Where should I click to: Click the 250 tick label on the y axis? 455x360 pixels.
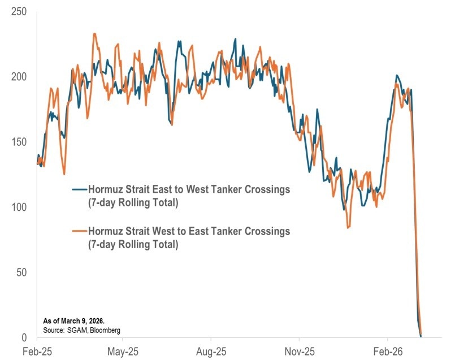click(19, 11)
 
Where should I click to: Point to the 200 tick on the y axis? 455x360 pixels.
click(19, 77)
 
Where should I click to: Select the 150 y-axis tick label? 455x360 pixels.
click(19, 142)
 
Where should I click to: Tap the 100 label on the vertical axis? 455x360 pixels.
click(19, 207)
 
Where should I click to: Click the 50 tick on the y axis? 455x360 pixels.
click(22, 272)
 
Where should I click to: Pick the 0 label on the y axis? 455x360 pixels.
click(25, 337)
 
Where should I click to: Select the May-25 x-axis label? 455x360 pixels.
click(123, 350)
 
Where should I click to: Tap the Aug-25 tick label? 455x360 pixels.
click(211, 350)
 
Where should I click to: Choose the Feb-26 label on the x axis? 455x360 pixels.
click(388, 350)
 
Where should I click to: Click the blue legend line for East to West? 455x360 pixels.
click(79, 189)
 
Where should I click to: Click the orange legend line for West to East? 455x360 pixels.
click(79, 231)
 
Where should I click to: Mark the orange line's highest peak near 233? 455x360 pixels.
click(94, 33)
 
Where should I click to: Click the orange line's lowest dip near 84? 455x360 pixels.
click(348, 228)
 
